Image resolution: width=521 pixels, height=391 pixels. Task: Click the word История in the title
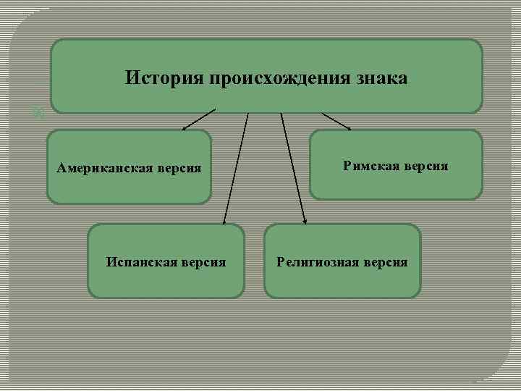(x=164, y=77)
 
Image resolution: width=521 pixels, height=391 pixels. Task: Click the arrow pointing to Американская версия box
(x=198, y=120)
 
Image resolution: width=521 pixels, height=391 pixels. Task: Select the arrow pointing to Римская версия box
(x=335, y=121)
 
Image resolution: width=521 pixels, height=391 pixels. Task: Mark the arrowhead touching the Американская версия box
(x=185, y=128)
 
